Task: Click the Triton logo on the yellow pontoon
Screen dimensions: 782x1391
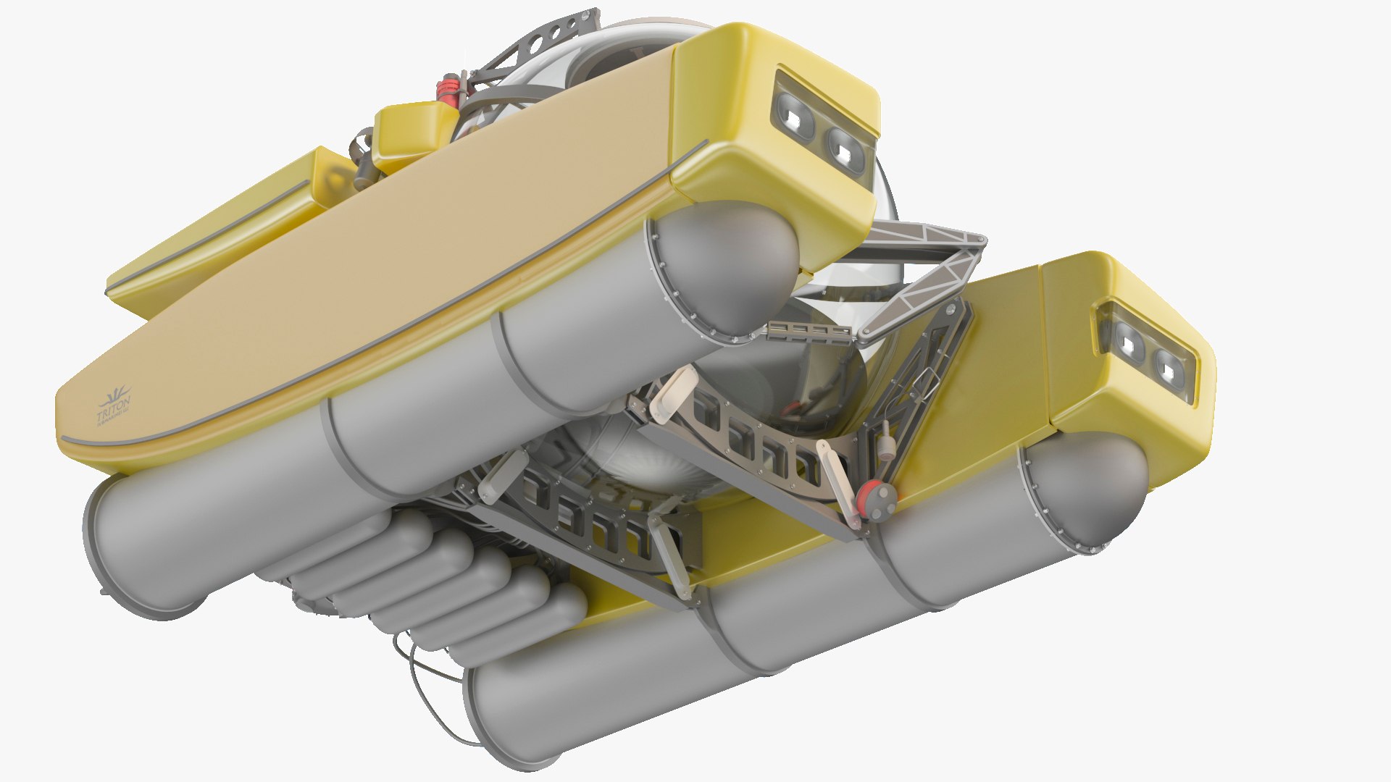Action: pyautogui.click(x=114, y=408)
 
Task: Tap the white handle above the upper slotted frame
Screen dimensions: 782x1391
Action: pyautogui.click(x=674, y=395)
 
